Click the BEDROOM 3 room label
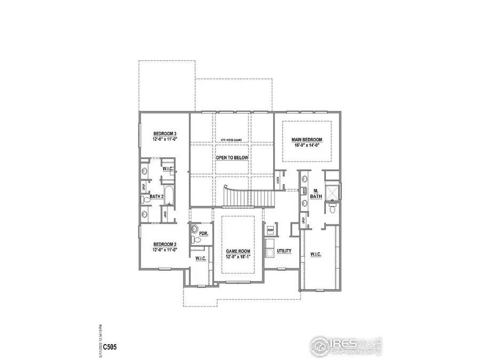click(x=165, y=133)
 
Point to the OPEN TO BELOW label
click(x=232, y=158)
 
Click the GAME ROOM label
click(x=237, y=251)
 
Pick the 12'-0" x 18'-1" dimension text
click(x=237, y=257)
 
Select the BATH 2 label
click(x=156, y=197)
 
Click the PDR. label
click(x=203, y=234)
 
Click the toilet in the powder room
click(x=196, y=241)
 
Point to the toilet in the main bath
click(x=331, y=207)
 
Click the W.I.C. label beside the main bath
click(x=315, y=254)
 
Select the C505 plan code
click(x=109, y=347)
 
